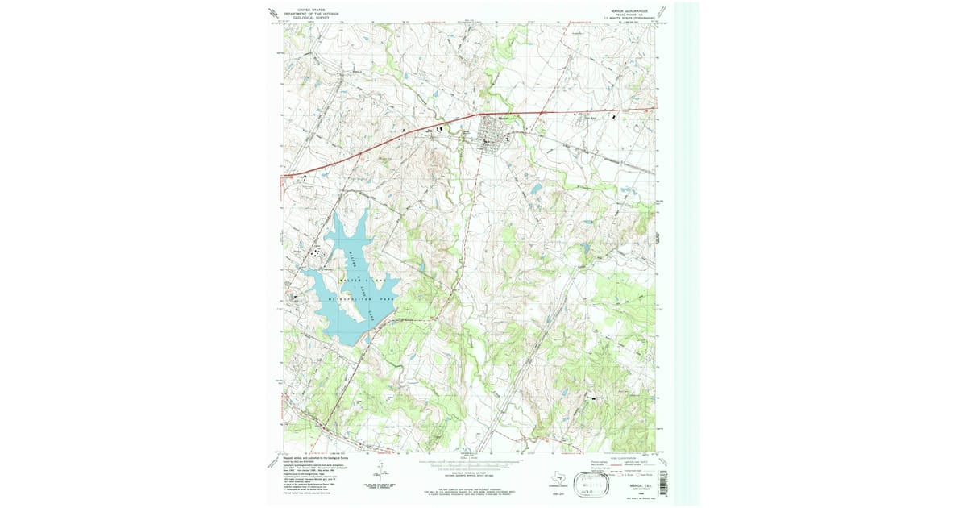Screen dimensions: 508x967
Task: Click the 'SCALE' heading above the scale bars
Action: tap(467, 456)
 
